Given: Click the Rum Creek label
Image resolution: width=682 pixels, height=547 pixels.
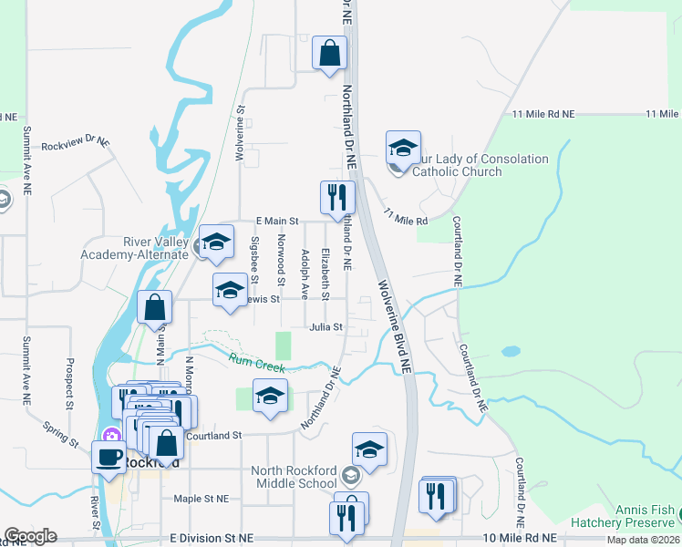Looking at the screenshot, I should pos(257,363).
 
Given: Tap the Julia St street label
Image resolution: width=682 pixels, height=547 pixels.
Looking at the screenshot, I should pos(325,326).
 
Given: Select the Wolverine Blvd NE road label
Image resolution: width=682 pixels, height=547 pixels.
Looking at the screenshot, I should pos(396,326).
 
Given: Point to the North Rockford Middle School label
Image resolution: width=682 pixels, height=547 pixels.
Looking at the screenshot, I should pos(295,477).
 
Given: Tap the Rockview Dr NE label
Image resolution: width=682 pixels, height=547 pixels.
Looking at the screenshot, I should pos(75,143).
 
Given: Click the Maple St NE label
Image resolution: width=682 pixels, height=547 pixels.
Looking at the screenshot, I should pos(201,499).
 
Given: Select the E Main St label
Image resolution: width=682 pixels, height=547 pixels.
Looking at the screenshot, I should pos(277,221).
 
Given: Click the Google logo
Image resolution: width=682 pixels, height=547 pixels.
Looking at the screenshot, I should pos(30,536).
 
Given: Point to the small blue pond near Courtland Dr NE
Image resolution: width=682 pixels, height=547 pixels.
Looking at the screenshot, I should pos(511,350).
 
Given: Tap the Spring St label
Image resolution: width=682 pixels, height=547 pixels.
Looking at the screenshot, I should pos(61,433).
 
